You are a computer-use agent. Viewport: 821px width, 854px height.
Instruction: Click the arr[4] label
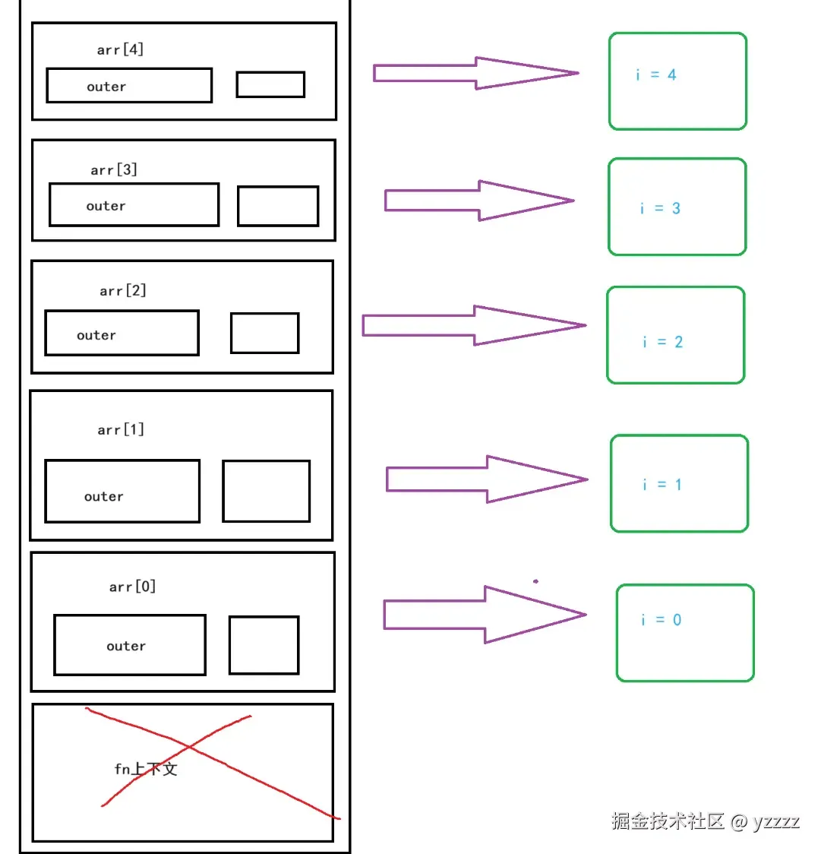click(120, 49)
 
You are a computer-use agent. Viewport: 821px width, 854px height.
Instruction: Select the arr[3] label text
click(114, 170)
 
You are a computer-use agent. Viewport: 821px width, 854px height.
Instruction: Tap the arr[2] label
click(123, 290)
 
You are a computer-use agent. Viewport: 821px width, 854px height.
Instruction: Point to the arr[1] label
click(121, 430)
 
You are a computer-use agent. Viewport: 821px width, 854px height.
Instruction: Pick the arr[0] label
click(132, 587)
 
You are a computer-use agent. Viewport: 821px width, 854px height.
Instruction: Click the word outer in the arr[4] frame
click(107, 87)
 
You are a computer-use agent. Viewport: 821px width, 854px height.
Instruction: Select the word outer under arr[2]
click(96, 335)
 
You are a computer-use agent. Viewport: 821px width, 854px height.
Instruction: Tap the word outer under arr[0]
click(126, 646)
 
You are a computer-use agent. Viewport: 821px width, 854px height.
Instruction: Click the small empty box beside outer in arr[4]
click(270, 84)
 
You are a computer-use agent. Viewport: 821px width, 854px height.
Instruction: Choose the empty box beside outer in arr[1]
click(267, 492)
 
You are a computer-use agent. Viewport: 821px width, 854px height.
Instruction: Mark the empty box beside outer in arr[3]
click(278, 206)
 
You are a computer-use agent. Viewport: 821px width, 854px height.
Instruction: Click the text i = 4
click(656, 74)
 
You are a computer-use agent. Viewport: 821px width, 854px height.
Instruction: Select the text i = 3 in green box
click(661, 208)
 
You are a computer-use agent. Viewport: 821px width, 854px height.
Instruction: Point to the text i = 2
click(663, 341)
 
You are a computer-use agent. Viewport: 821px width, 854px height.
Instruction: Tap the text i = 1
click(662, 484)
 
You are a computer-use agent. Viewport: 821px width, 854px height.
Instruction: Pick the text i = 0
click(662, 620)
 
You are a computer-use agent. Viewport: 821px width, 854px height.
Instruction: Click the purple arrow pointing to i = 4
click(476, 73)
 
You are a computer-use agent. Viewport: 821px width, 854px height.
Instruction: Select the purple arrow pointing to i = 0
click(485, 615)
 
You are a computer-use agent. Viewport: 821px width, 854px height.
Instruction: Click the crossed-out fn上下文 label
click(146, 769)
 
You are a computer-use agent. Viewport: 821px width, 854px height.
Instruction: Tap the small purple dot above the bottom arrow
click(535, 581)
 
